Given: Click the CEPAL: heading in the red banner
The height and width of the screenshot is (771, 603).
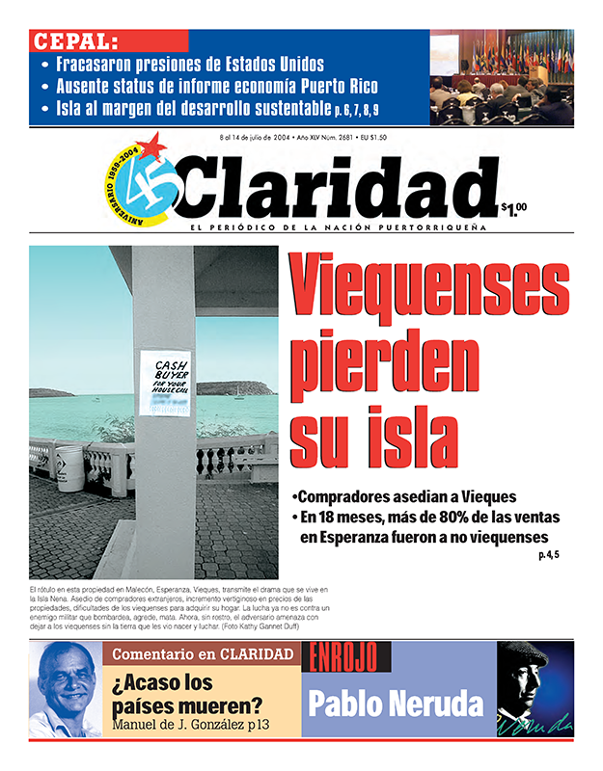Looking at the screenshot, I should [x=75, y=41].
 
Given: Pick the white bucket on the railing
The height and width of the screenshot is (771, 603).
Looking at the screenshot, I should [x=69, y=464].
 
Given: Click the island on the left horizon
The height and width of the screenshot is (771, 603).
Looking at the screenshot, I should [x=52, y=392].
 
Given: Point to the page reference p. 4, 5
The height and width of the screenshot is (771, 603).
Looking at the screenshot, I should [x=548, y=554].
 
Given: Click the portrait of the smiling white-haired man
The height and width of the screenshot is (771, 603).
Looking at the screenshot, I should [x=66, y=688].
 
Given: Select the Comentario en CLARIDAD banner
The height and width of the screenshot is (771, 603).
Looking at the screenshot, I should [x=203, y=654].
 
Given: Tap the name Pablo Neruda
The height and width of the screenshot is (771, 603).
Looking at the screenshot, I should [x=395, y=703].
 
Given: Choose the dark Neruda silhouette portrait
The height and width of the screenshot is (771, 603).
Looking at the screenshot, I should [x=534, y=688].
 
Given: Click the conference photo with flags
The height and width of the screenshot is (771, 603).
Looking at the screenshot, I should [x=501, y=77].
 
